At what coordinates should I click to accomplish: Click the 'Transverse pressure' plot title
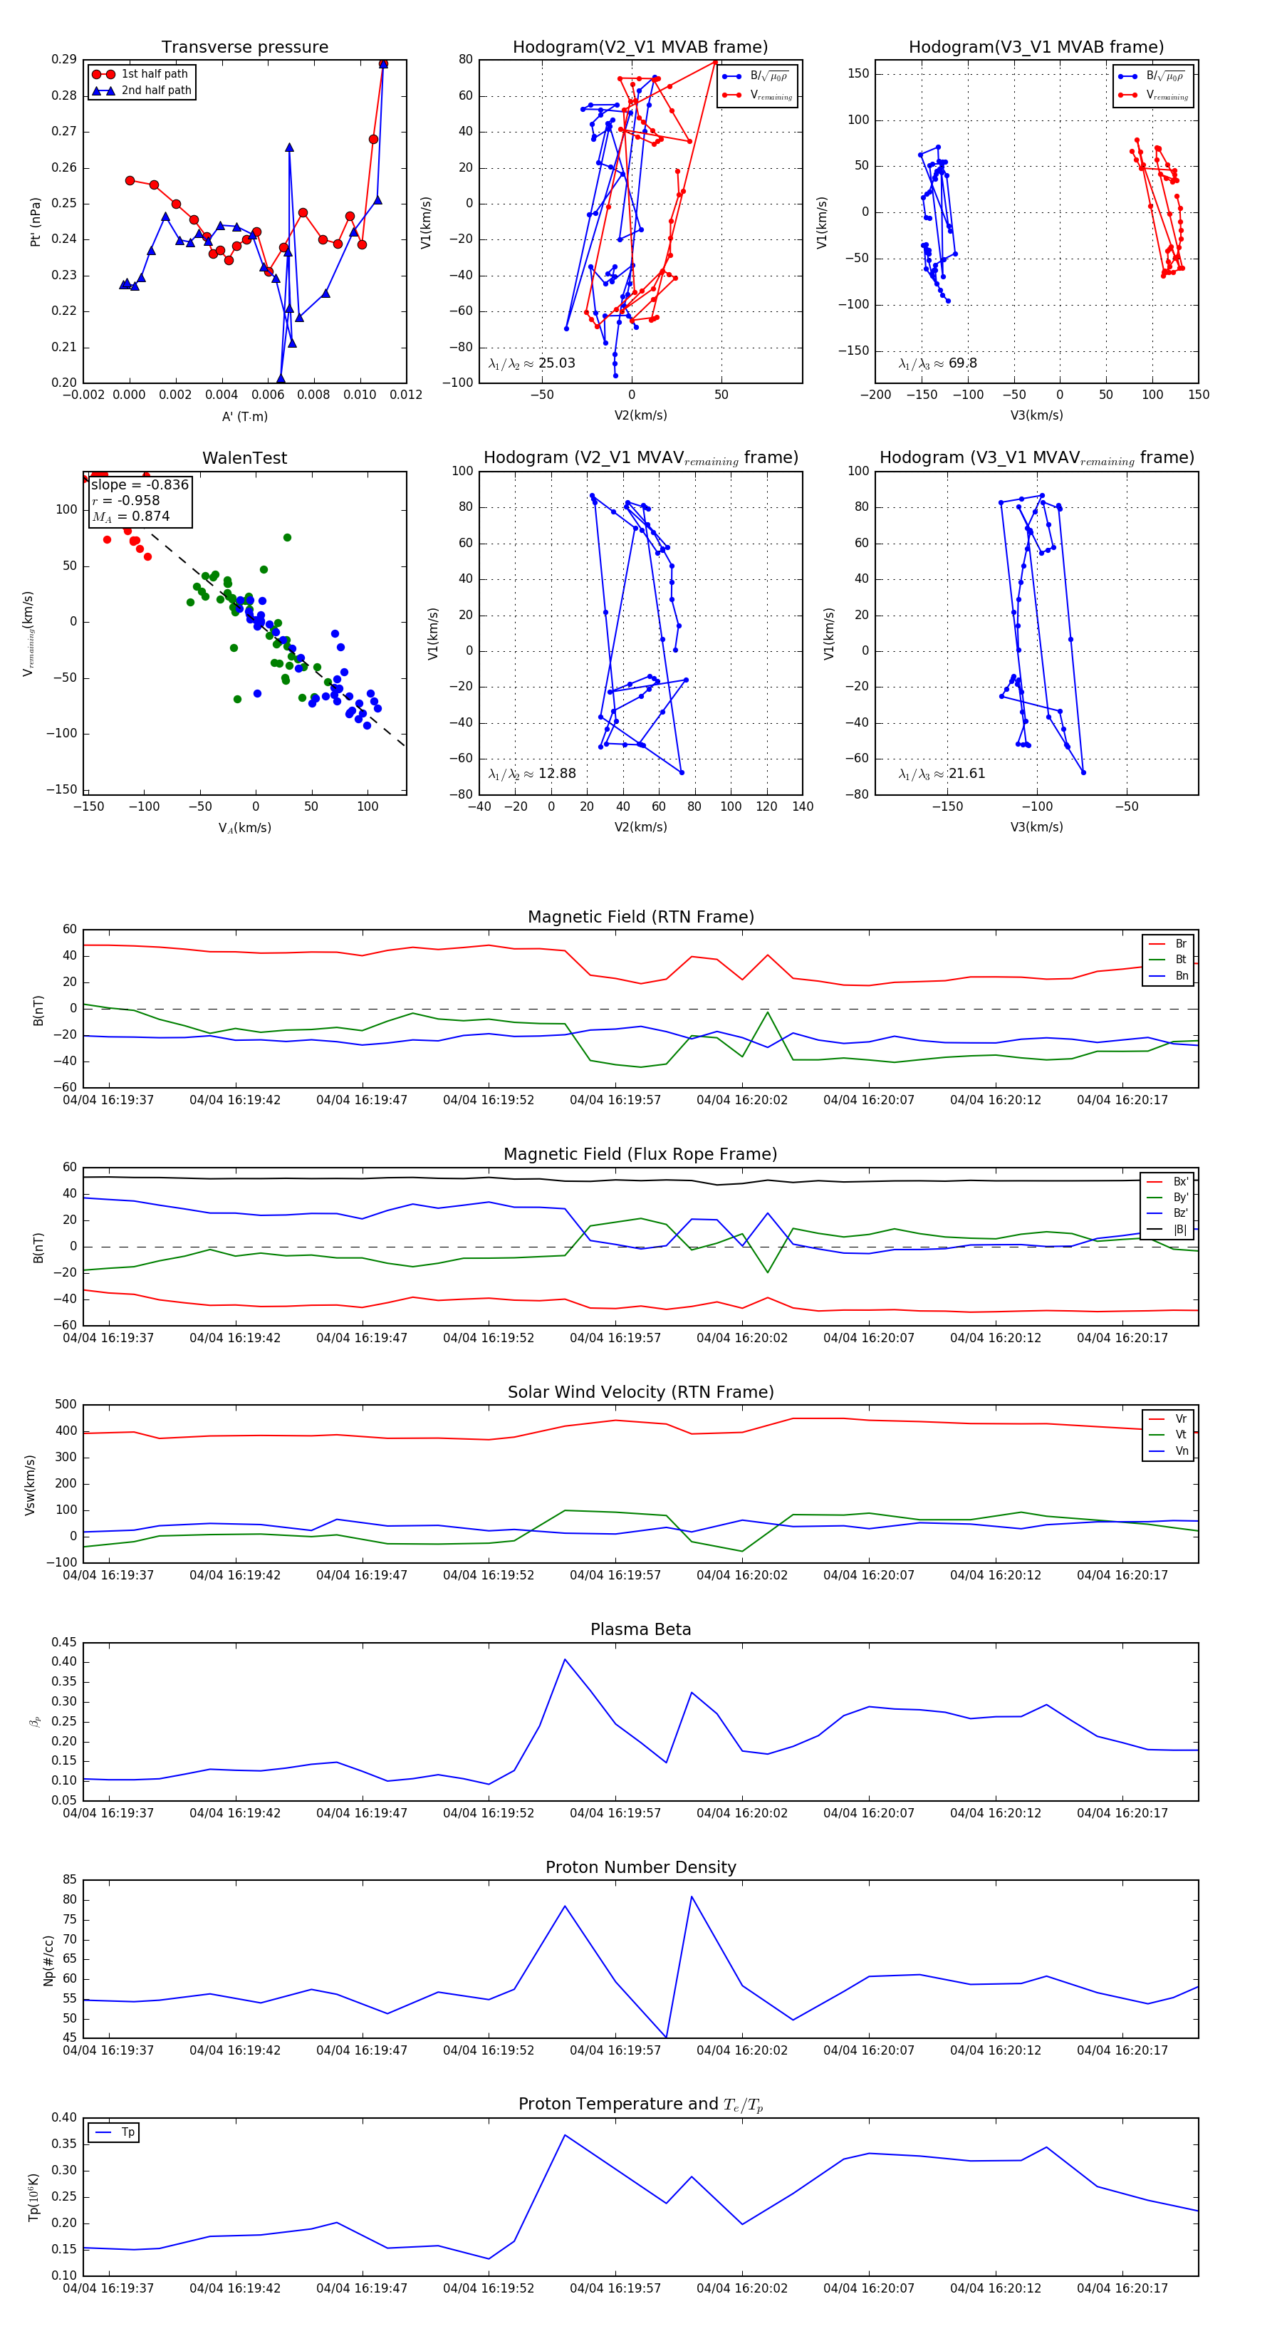(244, 48)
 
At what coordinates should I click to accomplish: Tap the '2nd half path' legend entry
(156, 90)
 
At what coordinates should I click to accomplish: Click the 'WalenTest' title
(244, 458)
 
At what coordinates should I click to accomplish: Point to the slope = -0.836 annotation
(140, 484)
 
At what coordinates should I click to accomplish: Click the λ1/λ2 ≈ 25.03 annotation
(532, 363)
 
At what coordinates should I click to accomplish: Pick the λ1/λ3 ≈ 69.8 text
(937, 363)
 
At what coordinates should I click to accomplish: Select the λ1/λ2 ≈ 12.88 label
(532, 774)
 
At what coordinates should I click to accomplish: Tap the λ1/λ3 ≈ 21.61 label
(942, 774)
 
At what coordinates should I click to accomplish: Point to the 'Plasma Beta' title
(640, 1630)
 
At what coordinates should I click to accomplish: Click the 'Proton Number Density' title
(640, 1867)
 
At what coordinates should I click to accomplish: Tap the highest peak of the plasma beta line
(565, 1659)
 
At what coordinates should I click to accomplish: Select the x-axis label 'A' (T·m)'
(244, 416)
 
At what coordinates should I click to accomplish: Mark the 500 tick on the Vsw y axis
(66, 1405)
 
